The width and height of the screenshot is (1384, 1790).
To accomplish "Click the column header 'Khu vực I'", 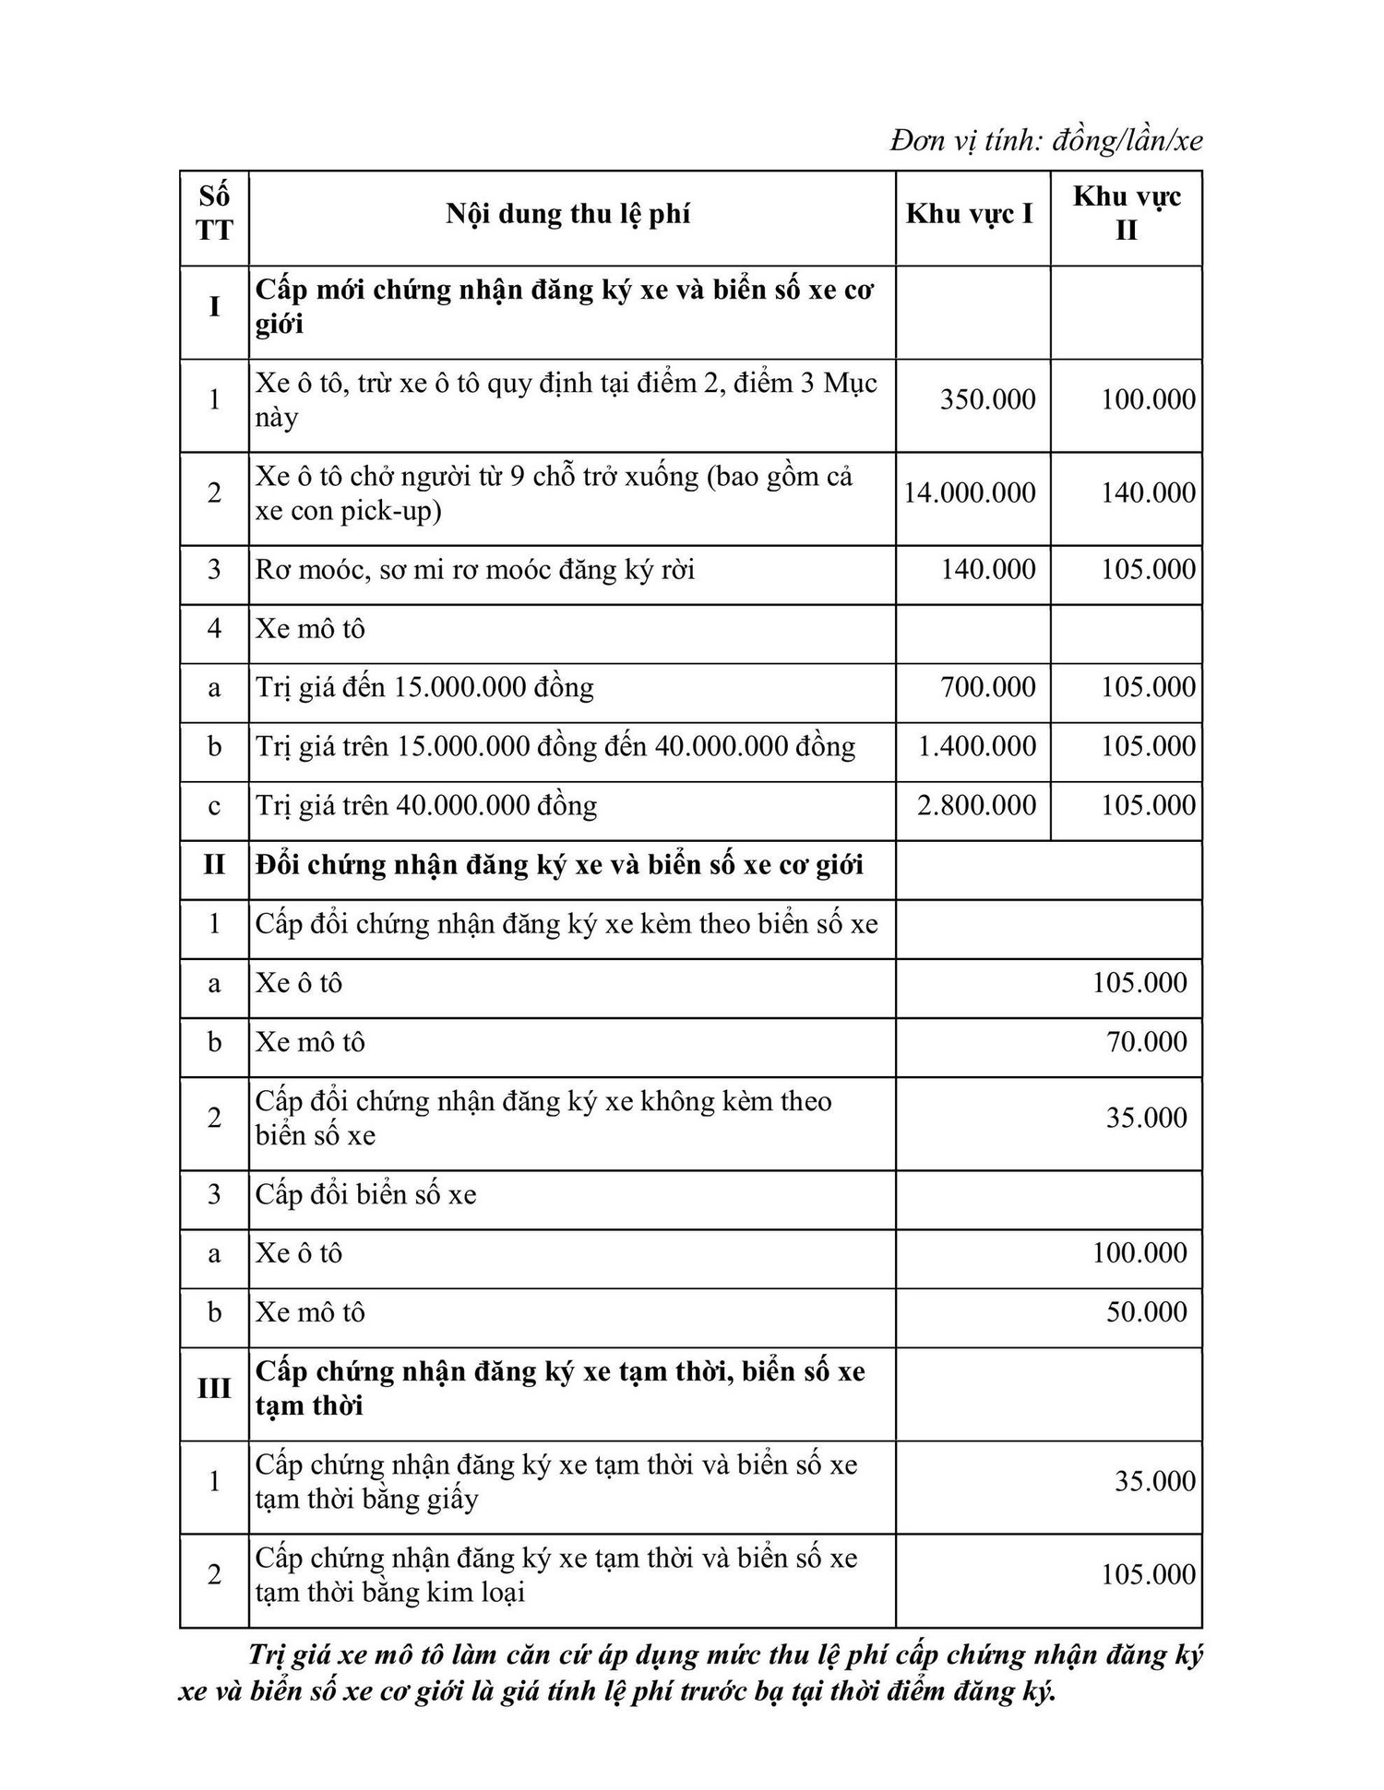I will tap(970, 215).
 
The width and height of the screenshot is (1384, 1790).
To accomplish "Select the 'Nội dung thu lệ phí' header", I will tap(568, 215).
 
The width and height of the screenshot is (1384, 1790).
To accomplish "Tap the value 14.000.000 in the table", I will tap(970, 493).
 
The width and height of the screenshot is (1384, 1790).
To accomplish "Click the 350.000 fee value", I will tap(987, 400).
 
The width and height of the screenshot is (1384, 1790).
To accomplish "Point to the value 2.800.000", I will tap(977, 806).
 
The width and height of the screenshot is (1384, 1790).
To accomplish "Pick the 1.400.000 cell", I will tap(977, 747).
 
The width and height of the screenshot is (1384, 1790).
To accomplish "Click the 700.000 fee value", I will tap(987, 688).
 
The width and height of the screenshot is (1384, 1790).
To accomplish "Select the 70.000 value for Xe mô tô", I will tap(1147, 1043).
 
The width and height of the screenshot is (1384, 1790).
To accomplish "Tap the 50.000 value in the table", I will tap(1147, 1312).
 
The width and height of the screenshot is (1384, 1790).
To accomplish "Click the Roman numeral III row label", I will tap(214, 1389).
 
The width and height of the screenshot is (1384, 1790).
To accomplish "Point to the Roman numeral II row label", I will tap(214, 865).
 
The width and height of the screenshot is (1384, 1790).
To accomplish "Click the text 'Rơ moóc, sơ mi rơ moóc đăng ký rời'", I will tap(475, 570).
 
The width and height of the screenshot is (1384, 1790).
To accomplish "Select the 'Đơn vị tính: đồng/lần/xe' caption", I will tap(1046, 141).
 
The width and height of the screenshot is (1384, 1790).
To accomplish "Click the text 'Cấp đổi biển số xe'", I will tap(366, 1195).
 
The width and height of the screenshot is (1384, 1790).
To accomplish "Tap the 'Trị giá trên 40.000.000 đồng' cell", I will tap(426, 806).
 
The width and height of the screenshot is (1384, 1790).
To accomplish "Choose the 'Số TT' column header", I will tap(214, 214).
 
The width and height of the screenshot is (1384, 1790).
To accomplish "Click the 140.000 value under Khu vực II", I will tap(1148, 493).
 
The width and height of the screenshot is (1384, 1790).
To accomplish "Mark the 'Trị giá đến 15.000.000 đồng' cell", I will tap(424, 688).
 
